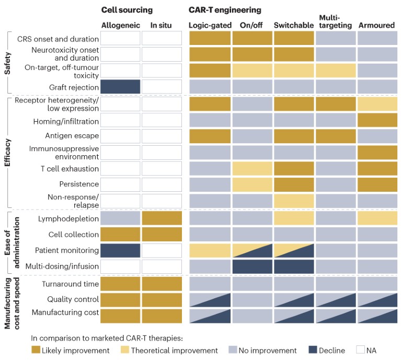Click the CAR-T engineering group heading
pyautogui.click(x=225, y=10)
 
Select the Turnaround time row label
pyautogui.click(x=71, y=284)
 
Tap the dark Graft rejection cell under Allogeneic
pyautogui.click(x=120, y=87)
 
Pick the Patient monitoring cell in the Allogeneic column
pyautogui.click(x=120, y=250)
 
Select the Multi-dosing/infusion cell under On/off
pyautogui.click(x=252, y=266)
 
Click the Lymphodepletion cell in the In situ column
pyautogui.click(x=162, y=218)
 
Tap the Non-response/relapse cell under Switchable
pyautogui.click(x=294, y=201)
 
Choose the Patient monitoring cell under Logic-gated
pyautogui.click(x=210, y=250)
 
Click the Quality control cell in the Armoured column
pyautogui.click(x=377, y=300)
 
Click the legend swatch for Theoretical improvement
pyautogui.click(x=126, y=350)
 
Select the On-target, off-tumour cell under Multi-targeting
pyautogui.click(x=336, y=71)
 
